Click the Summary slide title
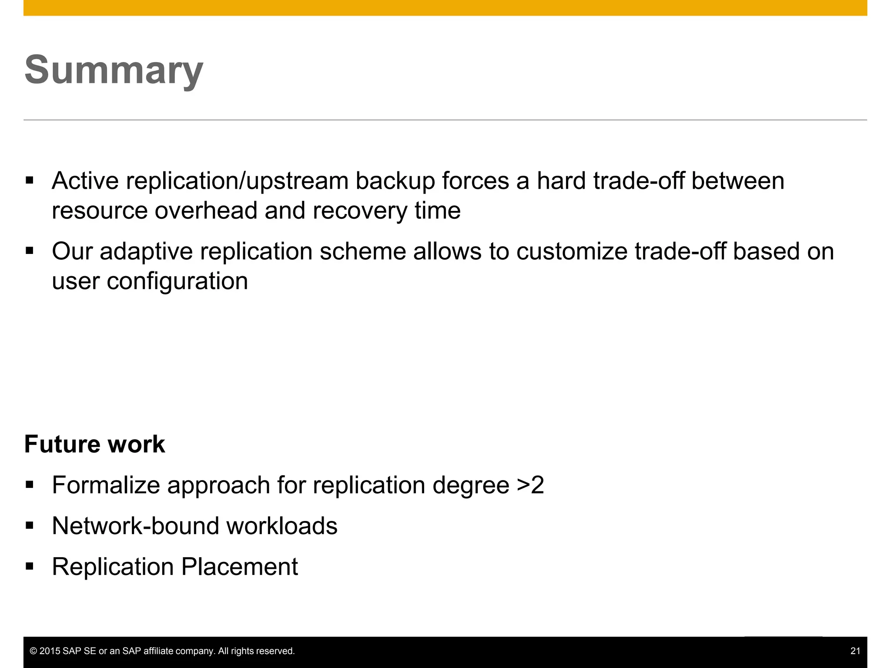click(114, 70)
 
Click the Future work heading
click(94, 444)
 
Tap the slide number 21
click(855, 651)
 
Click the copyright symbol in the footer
click(33, 651)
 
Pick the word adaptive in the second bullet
click(146, 252)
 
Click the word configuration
click(178, 281)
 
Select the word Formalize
click(106, 485)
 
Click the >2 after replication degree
click(530, 485)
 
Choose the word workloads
click(282, 526)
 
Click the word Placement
click(239, 567)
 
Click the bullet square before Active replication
click(30, 180)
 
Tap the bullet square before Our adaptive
click(30, 251)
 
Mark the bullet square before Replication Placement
click(30, 566)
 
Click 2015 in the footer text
click(50, 651)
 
